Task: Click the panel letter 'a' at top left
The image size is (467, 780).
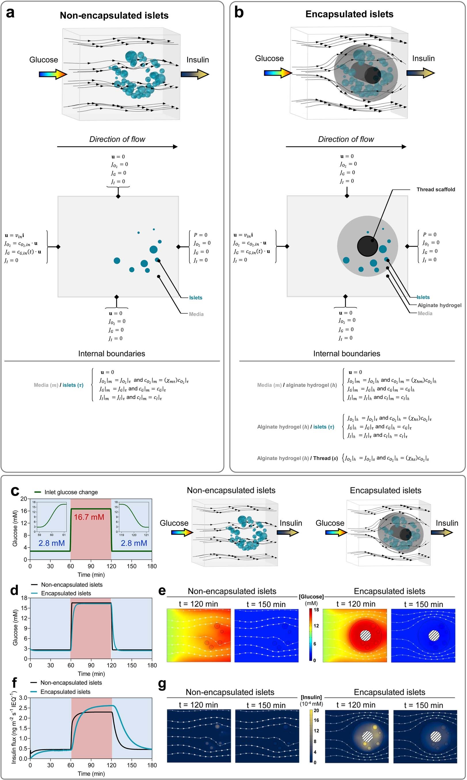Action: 10,13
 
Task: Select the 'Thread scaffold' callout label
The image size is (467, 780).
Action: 436,189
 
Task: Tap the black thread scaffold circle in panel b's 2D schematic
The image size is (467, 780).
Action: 367,246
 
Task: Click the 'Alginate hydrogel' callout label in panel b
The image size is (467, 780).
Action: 439,305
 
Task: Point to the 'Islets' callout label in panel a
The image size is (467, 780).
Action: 195,298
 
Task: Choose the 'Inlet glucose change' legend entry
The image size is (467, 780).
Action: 71,492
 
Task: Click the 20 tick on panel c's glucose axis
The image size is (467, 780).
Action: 24,499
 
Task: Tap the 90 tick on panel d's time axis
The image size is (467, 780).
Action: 91,665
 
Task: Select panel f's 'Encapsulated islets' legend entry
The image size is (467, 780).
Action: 65,692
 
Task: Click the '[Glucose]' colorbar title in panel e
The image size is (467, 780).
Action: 311,596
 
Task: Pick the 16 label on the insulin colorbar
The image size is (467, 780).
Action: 316,720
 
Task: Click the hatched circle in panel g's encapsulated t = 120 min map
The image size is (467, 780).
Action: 367,737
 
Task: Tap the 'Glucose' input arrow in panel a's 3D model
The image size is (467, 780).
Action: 53,74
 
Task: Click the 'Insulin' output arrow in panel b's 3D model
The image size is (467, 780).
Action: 420,73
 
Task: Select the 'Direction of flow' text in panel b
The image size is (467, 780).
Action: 346,139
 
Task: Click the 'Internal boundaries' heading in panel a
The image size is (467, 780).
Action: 111,354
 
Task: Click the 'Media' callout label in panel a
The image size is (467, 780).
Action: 196,314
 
